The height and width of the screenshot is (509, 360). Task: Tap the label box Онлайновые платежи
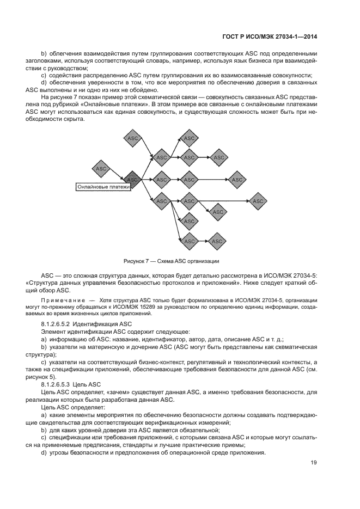click(x=103, y=187)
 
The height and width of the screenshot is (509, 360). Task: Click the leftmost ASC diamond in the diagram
click(x=101, y=169)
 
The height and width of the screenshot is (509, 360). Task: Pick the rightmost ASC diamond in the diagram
click(x=258, y=201)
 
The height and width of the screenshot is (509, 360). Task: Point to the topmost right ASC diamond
click(x=189, y=138)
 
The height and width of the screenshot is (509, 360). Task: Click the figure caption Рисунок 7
click(x=172, y=260)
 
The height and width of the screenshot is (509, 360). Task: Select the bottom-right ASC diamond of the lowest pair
click(x=217, y=241)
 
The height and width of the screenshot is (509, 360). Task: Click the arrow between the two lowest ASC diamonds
click(x=203, y=241)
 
